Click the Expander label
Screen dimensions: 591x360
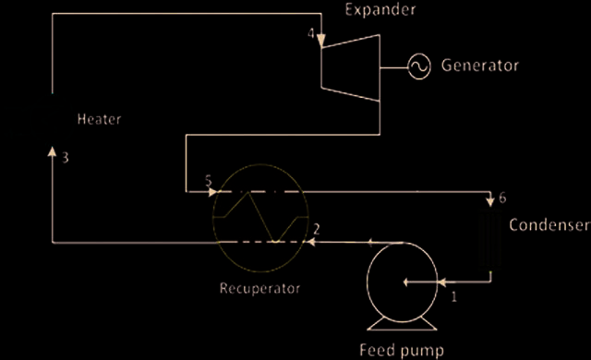[380, 10]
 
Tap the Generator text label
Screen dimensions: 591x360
[480, 66]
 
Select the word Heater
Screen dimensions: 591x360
[99, 119]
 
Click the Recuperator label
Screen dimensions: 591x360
[259, 288]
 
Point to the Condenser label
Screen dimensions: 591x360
[549, 225]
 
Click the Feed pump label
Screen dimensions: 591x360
[402, 350]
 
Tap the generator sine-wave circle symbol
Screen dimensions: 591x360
[419, 66]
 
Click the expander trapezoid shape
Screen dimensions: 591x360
[321, 67]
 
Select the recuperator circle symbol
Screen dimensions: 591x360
[213, 218]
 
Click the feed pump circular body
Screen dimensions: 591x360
[368, 282]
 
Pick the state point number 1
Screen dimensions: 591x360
[454, 296]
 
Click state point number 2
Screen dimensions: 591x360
[317, 229]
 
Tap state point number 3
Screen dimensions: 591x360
[66, 158]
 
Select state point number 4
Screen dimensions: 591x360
[311, 33]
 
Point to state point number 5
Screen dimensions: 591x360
[209, 181]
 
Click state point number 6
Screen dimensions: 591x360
[502, 198]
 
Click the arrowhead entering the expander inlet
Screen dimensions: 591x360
[321, 42]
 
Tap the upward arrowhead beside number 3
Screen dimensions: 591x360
[52, 151]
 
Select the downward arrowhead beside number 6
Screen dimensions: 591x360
[490, 202]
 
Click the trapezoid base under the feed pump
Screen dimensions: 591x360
[403, 324]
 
